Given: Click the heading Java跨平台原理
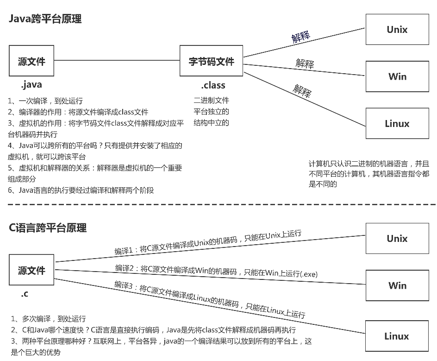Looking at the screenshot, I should click(45, 19).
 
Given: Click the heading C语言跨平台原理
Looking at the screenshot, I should click(48, 228).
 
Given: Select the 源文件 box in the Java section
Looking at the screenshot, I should click(31, 61).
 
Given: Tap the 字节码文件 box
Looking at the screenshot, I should click(212, 61).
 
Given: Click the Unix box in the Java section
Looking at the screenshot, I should click(397, 30).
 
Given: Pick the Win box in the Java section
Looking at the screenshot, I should click(397, 76).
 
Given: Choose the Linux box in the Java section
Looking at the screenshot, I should click(397, 124).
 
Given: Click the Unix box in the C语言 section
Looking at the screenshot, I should click(397, 239).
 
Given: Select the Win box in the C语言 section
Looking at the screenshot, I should click(397, 285).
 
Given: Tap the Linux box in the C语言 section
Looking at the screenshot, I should click(397, 336).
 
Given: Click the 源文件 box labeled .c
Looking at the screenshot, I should click(31, 270).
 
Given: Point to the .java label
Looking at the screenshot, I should click(31, 84).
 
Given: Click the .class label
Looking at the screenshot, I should click(213, 85).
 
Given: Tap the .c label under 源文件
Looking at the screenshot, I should click(25, 294).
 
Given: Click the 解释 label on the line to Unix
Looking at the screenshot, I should click(300, 37).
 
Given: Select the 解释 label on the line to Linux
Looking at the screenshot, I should click(302, 90).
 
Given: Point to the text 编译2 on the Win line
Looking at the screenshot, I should click(124, 268).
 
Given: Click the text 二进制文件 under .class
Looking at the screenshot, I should click(211, 100).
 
